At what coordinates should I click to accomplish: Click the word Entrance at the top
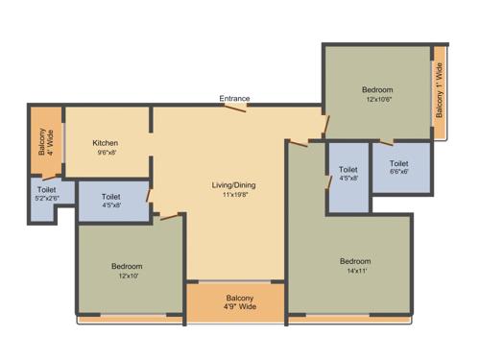click(234, 98)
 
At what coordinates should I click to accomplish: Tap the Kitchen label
click(106, 142)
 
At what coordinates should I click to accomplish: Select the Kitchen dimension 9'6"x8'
click(106, 153)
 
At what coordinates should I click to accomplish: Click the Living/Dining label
click(234, 184)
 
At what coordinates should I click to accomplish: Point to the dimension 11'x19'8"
click(234, 195)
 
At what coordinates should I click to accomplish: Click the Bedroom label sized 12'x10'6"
click(378, 87)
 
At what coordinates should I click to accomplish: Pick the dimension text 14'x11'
click(354, 271)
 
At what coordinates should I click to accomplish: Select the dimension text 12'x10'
click(127, 276)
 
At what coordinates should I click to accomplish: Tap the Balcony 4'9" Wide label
click(234, 302)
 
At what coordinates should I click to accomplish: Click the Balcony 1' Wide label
click(440, 91)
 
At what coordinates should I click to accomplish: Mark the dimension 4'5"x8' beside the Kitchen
click(111, 205)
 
